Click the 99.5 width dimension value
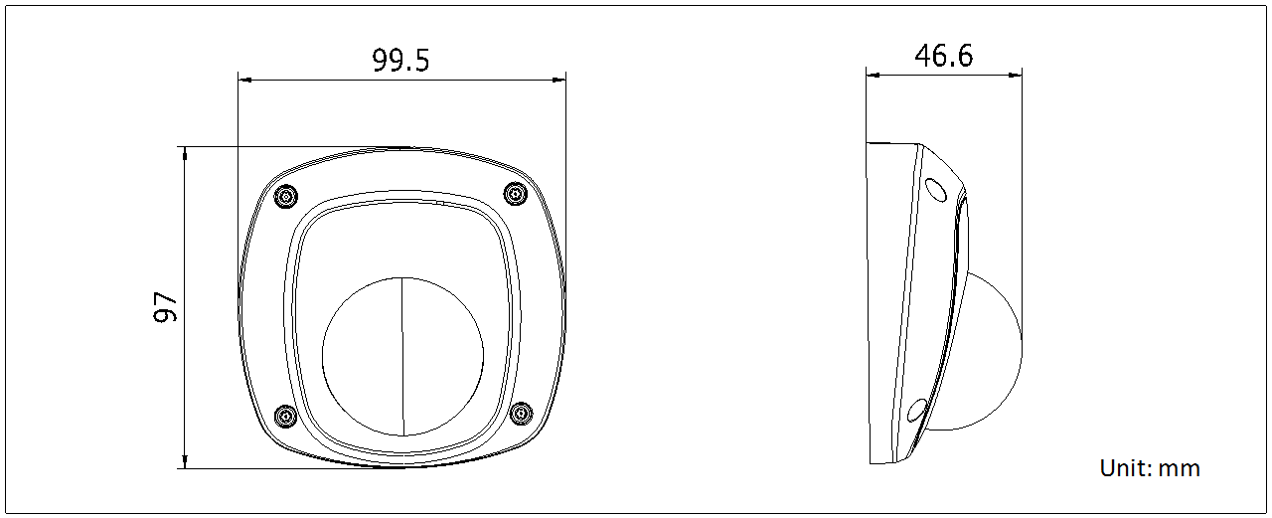pos(400,61)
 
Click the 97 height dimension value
pos(166,307)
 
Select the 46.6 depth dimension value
pos(943,56)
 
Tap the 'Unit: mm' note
pos(1150,468)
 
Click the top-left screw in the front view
pos(285,195)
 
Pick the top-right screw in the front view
pos(515,194)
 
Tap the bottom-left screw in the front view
pos(285,416)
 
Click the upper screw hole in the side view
pos(936,188)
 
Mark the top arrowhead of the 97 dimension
pos(185,153)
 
